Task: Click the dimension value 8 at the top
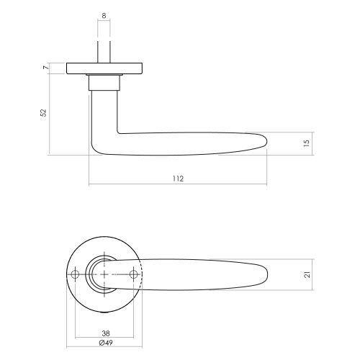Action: pyautogui.click(x=104, y=16)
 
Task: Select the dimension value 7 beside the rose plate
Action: pyautogui.click(x=45, y=68)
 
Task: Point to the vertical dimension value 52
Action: pyautogui.click(x=43, y=112)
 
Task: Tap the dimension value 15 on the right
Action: pyautogui.click(x=307, y=143)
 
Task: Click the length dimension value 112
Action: pyautogui.click(x=178, y=179)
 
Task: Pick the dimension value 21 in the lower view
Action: pyautogui.click(x=307, y=274)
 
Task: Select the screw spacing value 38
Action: pyautogui.click(x=106, y=333)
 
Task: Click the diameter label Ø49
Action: pyautogui.click(x=106, y=343)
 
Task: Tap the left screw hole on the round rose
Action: pyautogui.click(x=76, y=274)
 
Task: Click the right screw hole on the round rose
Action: pyautogui.click(x=133, y=274)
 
